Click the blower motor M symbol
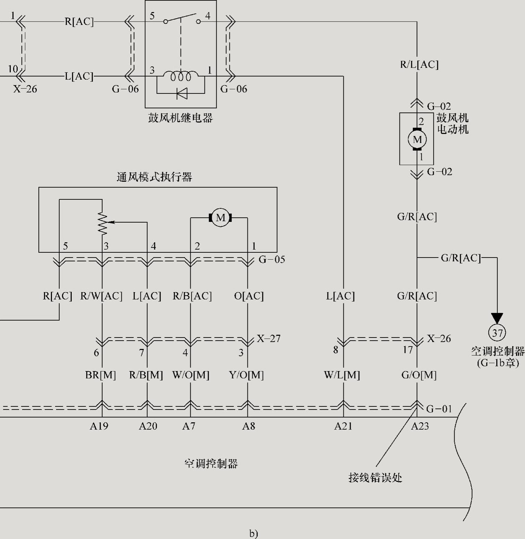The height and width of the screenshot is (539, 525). (x=417, y=140)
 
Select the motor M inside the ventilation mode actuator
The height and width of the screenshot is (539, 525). (x=220, y=218)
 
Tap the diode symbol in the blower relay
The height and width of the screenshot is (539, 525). (x=181, y=93)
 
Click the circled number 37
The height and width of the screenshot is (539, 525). (x=497, y=333)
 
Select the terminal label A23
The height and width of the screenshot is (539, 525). (x=420, y=426)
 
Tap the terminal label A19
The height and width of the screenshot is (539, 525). (x=99, y=426)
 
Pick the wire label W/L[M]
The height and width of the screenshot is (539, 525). (x=342, y=375)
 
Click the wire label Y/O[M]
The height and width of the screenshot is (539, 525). (x=246, y=375)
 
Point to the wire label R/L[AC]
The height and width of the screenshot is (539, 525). (x=419, y=65)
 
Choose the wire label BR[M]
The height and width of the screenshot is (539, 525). (x=100, y=375)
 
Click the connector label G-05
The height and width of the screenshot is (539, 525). (x=272, y=259)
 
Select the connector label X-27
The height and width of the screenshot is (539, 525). (x=269, y=338)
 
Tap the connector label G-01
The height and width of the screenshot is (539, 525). (x=439, y=409)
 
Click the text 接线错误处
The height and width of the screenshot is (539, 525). (x=375, y=478)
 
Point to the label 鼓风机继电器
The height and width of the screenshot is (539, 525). (x=181, y=118)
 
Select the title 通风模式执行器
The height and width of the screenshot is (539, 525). (x=154, y=177)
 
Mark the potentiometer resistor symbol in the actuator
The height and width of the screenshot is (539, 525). (x=102, y=223)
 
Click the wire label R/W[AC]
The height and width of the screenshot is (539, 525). (x=102, y=296)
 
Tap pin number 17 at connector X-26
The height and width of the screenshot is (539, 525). (x=408, y=350)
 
